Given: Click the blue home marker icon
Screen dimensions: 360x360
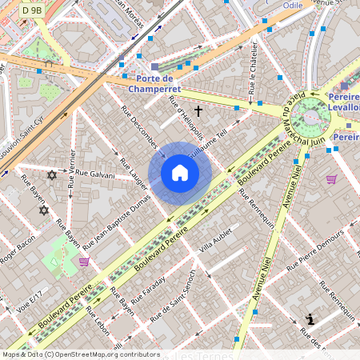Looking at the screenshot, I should coord(180,173).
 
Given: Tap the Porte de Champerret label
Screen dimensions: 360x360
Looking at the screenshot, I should coord(154,83).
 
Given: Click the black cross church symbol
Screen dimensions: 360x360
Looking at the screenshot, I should coord(198,110).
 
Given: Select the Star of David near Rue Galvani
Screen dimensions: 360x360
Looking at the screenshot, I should coord(52,174).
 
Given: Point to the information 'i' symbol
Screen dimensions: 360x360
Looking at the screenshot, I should coord(310,320).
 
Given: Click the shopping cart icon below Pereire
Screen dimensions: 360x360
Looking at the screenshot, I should coord(331,179).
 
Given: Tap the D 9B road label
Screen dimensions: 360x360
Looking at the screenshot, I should coord(33,10).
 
